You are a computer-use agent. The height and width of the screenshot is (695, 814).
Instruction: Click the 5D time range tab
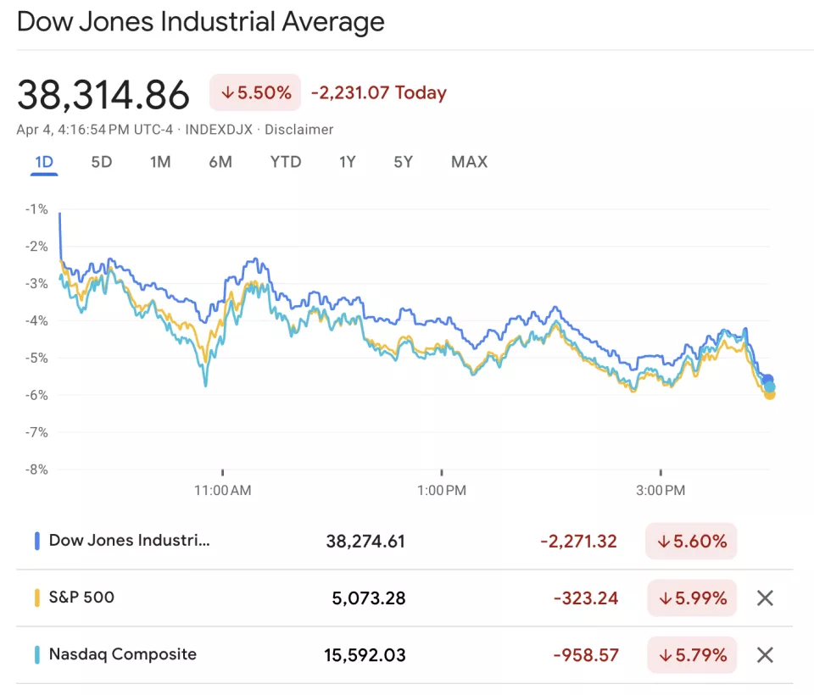tap(102, 162)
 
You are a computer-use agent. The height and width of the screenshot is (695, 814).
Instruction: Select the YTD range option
tap(286, 162)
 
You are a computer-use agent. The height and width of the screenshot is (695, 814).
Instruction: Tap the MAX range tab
tap(469, 162)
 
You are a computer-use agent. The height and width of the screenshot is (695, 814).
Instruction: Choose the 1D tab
tap(44, 162)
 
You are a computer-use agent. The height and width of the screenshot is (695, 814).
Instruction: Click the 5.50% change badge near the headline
tap(255, 92)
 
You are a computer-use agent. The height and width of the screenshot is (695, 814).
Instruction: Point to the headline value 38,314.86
tap(103, 95)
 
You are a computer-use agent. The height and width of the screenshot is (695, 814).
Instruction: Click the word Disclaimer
tap(299, 130)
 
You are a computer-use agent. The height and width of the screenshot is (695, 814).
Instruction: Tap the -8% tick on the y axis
tap(36, 469)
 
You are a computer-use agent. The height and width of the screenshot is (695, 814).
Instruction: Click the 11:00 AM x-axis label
tap(222, 490)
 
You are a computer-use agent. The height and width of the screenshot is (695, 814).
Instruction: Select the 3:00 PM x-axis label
tap(661, 490)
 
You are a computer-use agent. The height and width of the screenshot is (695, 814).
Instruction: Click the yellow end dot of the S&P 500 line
tap(770, 394)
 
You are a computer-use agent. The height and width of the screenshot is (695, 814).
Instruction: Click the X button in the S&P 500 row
tap(765, 598)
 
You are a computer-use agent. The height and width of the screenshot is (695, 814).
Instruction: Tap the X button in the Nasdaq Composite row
tap(765, 654)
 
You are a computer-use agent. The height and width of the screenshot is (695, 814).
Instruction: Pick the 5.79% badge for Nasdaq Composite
tap(692, 654)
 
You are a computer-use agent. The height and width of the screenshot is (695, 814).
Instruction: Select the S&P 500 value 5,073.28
tap(369, 598)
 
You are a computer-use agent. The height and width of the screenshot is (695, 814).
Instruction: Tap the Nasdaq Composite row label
tap(122, 654)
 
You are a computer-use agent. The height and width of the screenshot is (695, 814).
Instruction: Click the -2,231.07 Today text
tap(378, 93)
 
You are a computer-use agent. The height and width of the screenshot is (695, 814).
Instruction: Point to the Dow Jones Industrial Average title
tap(201, 21)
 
